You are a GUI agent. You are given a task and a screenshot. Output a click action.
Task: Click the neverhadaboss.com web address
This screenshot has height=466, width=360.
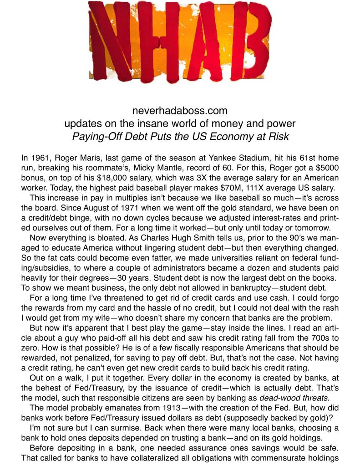[180, 111]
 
